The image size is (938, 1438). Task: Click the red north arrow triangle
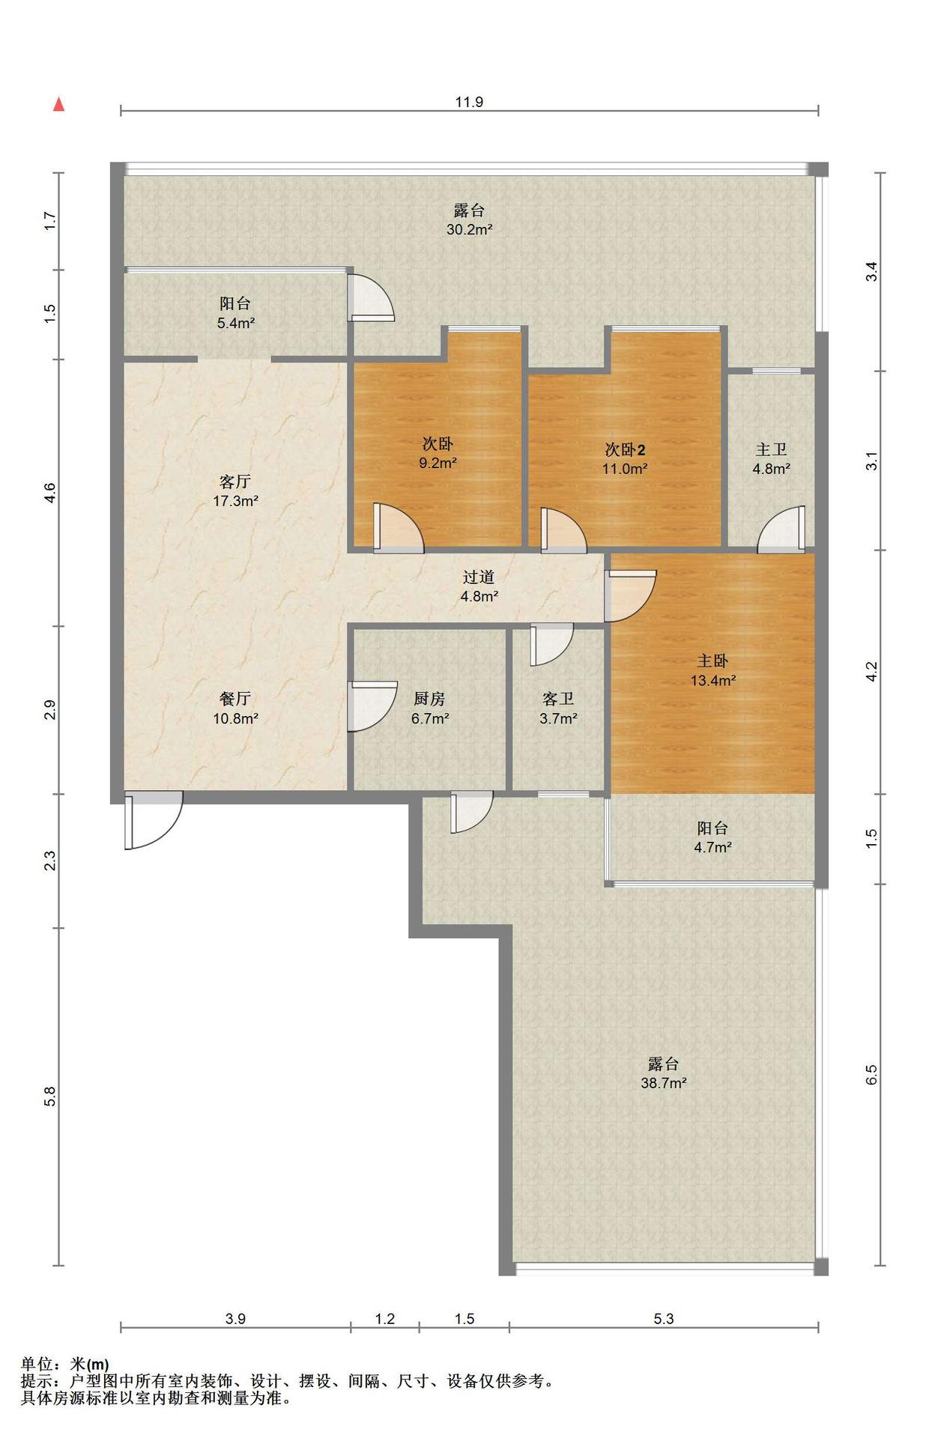58,104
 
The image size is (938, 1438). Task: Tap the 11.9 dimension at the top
469,102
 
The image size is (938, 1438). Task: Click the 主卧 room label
712,661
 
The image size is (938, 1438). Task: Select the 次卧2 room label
625,449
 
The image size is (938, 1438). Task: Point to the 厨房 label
429,699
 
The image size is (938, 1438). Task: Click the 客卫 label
558,699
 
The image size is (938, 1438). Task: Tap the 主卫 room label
771,449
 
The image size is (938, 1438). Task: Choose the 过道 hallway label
479,577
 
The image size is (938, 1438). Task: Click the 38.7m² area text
664,1083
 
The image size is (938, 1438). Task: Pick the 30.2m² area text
469,230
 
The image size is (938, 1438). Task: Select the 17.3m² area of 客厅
235,501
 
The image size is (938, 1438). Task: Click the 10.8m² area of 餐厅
235,718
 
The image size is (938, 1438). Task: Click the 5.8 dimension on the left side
49,1096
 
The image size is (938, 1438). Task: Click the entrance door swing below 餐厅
154,821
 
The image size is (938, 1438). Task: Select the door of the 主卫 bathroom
781,530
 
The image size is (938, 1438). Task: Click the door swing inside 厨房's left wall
373,706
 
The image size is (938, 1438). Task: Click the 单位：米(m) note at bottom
64,1365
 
